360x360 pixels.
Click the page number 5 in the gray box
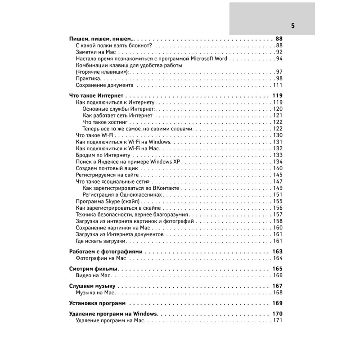pyautogui.click(x=292, y=26)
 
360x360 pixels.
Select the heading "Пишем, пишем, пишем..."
pyautogui.click(x=102, y=39)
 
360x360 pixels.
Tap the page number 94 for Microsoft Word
pyautogui.click(x=279, y=59)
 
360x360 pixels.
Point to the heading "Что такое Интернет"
pyautogui.click(x=97, y=96)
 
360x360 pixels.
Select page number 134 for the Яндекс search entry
pyautogui.click(x=277, y=162)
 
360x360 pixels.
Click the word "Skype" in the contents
pyautogui.click(x=111, y=201)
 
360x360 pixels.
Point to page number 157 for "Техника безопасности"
pyautogui.click(x=277, y=214)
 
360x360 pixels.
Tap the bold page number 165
pyautogui.click(x=277, y=269)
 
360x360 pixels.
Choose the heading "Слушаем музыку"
pyautogui.click(x=93, y=286)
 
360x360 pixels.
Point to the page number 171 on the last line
pyautogui.click(x=277, y=320)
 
